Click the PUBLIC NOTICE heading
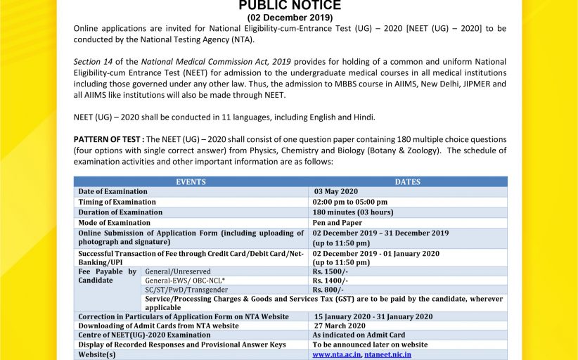[290, 6]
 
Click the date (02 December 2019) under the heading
[290, 18]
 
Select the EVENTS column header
[191, 181]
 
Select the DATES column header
[408, 181]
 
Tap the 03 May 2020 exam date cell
[336, 191]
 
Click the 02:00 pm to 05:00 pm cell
[350, 202]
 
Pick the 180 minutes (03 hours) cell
[353, 212]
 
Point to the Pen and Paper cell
[338, 223]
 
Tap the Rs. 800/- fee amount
[328, 290]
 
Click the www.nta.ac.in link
[336, 355]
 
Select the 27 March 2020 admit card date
[340, 326]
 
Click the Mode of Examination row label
[114, 223]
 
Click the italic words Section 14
[90, 62]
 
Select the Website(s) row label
[97, 355]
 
